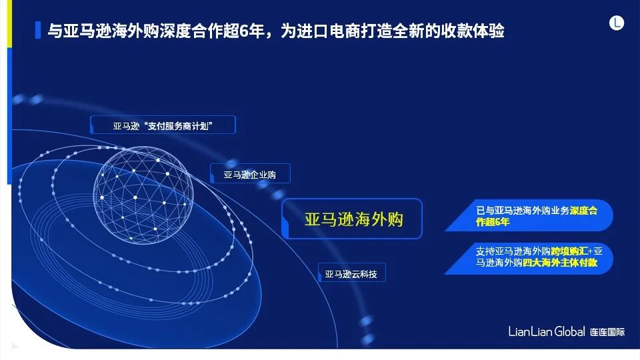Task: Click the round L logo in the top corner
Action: (x=617, y=23)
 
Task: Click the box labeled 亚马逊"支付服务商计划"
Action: (x=163, y=125)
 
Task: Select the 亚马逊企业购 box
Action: (x=250, y=175)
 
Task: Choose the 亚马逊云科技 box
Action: (x=351, y=273)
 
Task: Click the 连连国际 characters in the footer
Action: (x=607, y=332)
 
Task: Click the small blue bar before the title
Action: (x=37, y=31)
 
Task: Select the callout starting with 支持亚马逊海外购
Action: (x=533, y=257)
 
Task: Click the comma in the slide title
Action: (x=273, y=33)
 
